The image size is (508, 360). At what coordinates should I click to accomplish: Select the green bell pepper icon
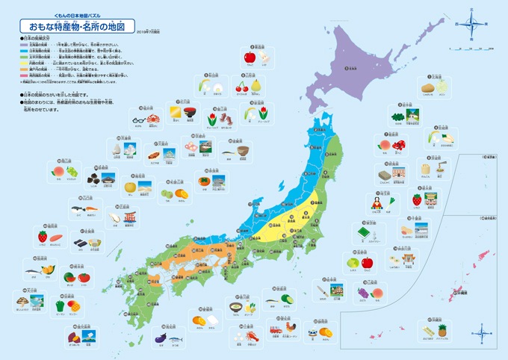[61, 304]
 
